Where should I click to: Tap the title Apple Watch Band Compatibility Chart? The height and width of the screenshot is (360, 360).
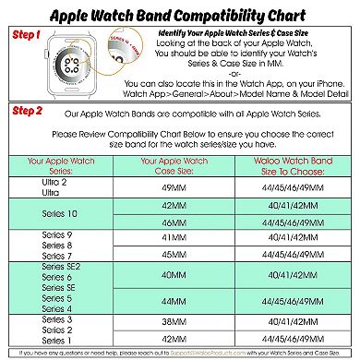point(179,15)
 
